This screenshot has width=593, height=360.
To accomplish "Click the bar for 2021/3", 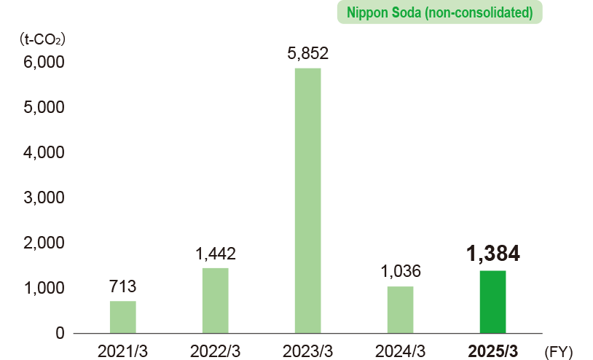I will [123, 317].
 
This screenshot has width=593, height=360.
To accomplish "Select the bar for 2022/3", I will [216, 300].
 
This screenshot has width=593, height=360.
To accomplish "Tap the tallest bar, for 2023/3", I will [307, 200].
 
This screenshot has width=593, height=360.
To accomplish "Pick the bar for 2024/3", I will [400, 310].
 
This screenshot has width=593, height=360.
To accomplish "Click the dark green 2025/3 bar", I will [492, 302].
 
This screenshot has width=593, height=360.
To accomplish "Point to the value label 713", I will [123, 286].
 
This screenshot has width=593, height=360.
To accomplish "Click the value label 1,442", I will [216, 254].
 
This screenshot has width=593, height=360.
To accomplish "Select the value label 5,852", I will [307, 53].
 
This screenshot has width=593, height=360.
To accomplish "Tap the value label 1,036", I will [400, 272].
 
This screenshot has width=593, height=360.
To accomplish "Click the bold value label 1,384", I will [492, 253].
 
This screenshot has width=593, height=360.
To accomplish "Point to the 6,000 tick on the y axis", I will [44, 63].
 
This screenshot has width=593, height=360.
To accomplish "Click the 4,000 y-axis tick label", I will [44, 153].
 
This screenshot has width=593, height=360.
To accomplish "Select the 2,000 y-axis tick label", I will [44, 243].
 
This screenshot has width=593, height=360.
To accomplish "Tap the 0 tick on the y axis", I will [59, 333].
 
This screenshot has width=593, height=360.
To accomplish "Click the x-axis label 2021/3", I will [123, 351].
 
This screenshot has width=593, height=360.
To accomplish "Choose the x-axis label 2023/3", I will [307, 351].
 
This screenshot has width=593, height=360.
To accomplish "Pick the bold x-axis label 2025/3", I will [492, 351].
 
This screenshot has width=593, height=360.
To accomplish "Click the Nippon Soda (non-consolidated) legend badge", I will [440, 13].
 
